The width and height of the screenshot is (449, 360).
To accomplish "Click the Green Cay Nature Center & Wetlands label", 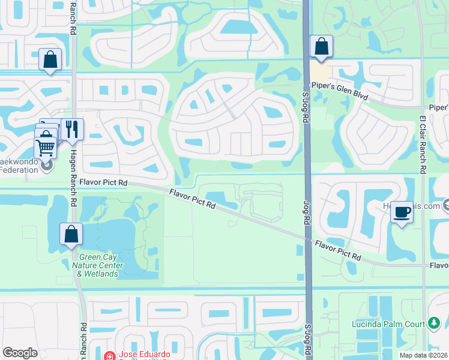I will pos(97,265).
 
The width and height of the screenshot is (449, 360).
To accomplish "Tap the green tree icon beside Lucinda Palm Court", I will pos(433,324).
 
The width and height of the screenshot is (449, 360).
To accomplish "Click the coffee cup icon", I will pos(402,212).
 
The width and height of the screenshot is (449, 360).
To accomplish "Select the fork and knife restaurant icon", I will pos(72,129).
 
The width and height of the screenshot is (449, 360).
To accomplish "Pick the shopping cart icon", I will pos(46,146).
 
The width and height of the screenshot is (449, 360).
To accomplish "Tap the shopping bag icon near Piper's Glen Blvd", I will pos(321,46).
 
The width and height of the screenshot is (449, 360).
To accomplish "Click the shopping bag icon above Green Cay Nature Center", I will pos(71,234).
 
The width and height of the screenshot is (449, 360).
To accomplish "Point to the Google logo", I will pos(20,353).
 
